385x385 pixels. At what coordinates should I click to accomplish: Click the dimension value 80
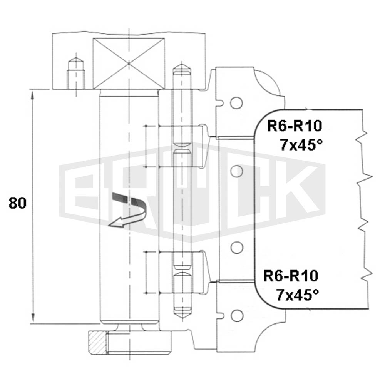point(17,203)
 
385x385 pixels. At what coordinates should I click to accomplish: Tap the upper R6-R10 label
point(294,126)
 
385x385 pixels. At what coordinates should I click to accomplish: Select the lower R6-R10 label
point(291,276)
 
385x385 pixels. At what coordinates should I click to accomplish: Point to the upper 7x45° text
point(301,144)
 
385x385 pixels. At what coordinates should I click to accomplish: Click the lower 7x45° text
point(297,295)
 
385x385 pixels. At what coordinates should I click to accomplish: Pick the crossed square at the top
point(129,64)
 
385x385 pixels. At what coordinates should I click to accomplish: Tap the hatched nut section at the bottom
point(98,343)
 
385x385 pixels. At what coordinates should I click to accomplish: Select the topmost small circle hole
point(236,103)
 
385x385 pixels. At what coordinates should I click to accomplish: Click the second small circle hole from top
point(237,171)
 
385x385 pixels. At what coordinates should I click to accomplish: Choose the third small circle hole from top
point(237,248)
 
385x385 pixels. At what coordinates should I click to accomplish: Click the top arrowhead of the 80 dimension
point(32,91)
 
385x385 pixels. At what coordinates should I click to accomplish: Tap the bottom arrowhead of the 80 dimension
point(32,323)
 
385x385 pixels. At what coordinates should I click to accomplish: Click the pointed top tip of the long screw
point(182,64)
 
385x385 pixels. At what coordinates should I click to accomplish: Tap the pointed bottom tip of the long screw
point(182,319)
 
